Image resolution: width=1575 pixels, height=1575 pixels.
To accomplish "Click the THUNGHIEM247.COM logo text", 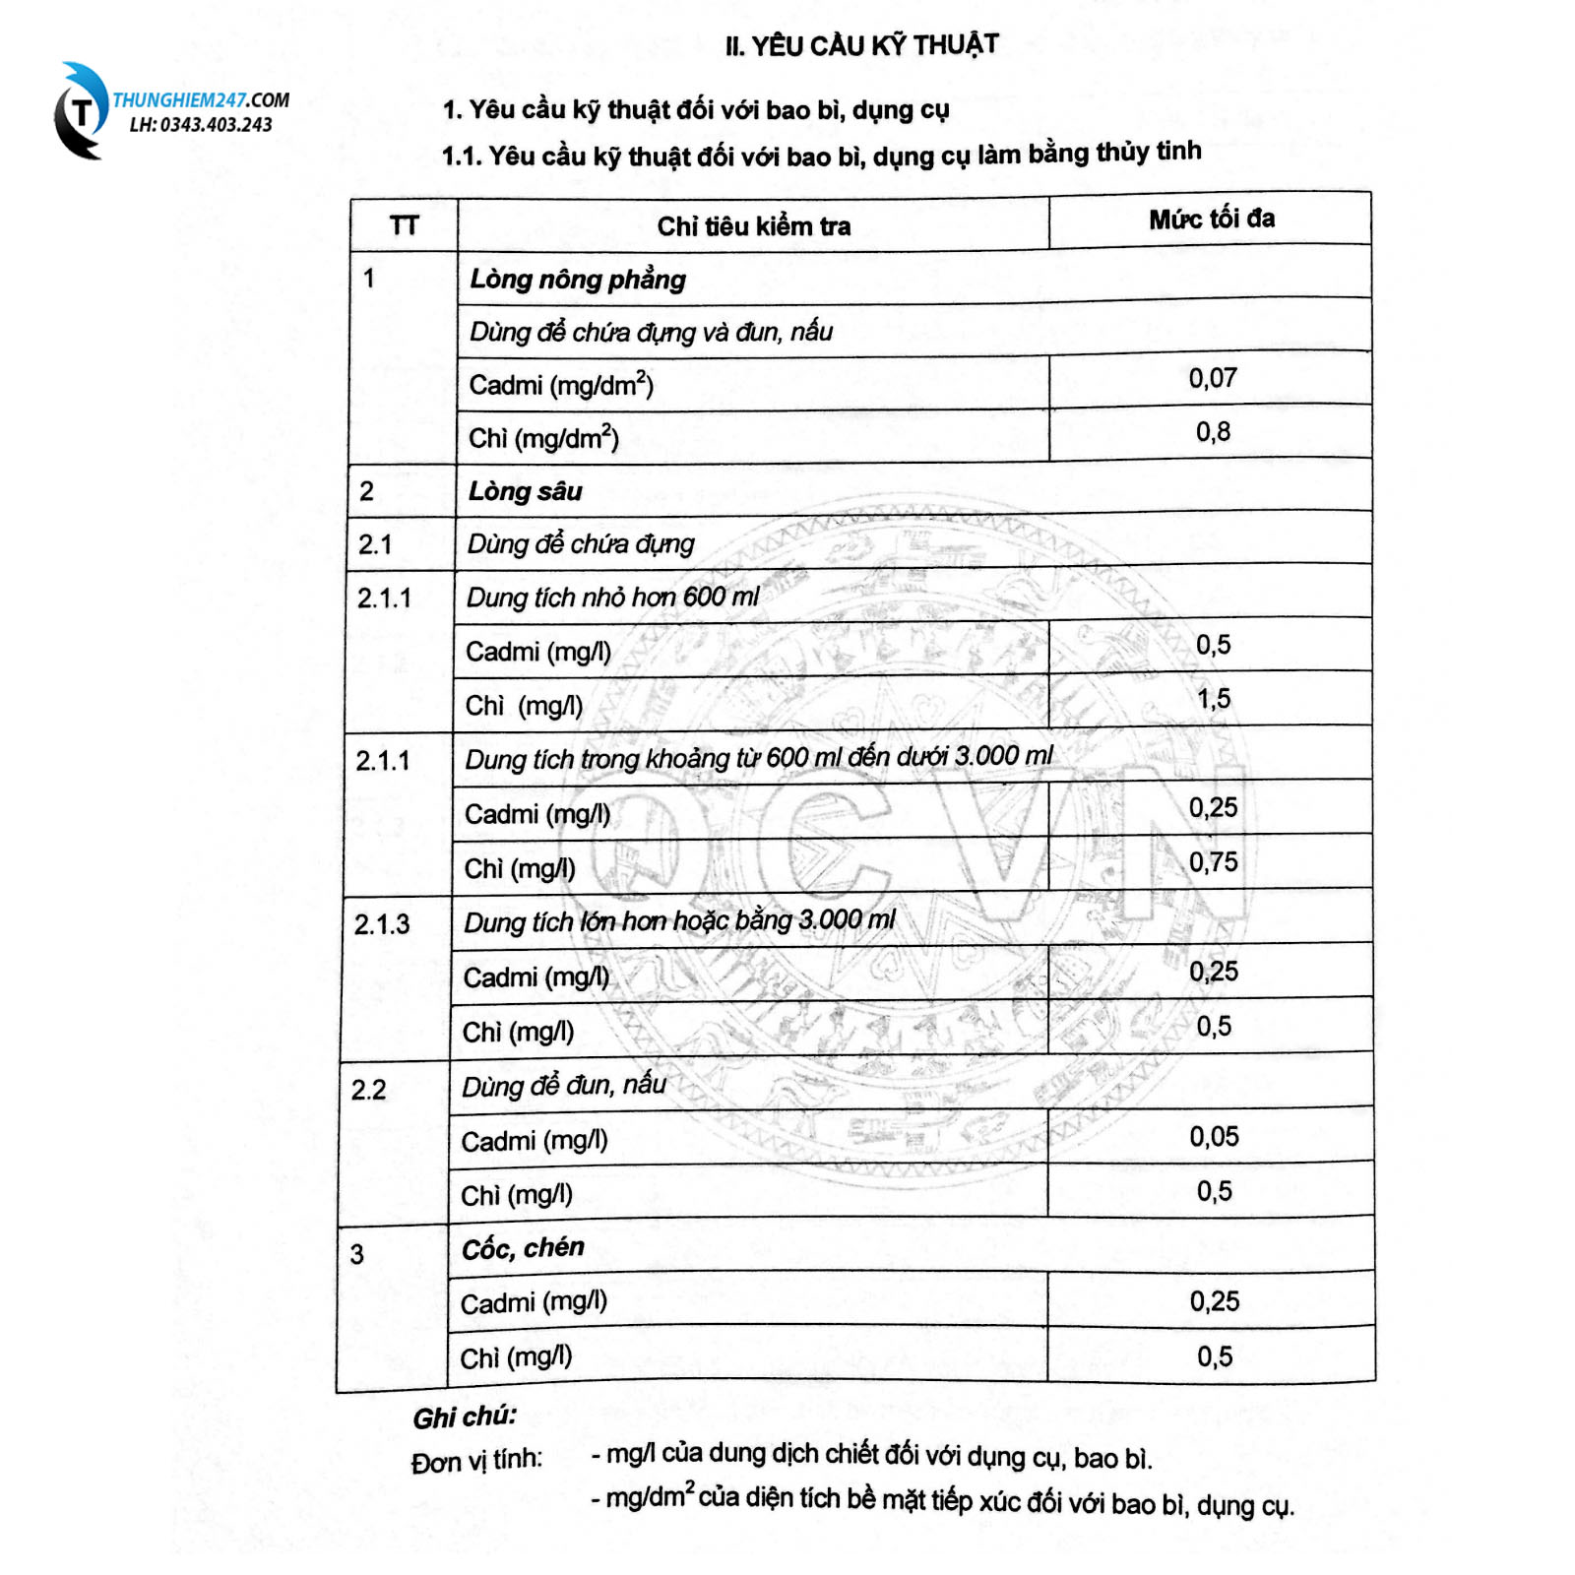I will (x=201, y=100).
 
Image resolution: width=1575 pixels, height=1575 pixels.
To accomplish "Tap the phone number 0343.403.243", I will (x=215, y=125).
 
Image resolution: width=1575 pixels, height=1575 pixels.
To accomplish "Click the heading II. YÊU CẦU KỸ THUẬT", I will (x=861, y=45).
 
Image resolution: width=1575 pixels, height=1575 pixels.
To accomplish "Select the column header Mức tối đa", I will (x=1211, y=219).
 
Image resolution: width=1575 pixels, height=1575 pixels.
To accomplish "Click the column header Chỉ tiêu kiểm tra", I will (x=753, y=226).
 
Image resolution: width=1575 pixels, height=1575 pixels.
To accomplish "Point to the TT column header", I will (x=404, y=226).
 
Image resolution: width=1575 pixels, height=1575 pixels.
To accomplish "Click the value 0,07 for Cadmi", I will (x=1212, y=378).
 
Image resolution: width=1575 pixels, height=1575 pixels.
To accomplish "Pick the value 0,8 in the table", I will (x=1213, y=432).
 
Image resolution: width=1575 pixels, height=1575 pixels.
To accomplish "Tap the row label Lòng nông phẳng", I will (x=578, y=280).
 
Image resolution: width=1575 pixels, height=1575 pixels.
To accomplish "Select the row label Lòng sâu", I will (x=526, y=491).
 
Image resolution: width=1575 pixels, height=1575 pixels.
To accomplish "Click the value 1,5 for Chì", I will (x=1213, y=699).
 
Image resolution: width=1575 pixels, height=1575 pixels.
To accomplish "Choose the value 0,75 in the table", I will (x=1213, y=862).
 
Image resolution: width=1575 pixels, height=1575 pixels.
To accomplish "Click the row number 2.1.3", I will (x=382, y=924).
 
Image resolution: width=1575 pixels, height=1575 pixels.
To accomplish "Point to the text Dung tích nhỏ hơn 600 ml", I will (x=612, y=597).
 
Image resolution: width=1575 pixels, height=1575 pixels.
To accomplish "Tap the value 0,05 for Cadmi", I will (x=1214, y=1137).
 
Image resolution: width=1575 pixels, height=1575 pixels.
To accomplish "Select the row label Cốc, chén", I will (x=523, y=1248).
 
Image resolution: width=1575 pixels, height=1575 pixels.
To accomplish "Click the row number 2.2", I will (x=369, y=1090).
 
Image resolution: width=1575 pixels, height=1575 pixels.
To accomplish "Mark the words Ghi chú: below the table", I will (x=465, y=1417).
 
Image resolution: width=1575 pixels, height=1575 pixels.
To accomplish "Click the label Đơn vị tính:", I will (x=476, y=1461).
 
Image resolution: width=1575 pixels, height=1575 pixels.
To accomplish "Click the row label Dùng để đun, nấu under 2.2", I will (x=564, y=1085).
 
